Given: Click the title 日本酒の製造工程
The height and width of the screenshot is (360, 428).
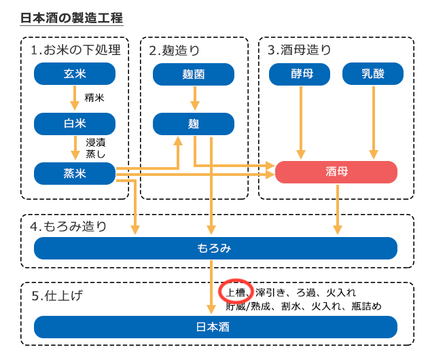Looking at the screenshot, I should pyautogui.click(x=72, y=18).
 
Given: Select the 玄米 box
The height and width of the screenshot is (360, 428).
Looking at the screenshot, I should pyautogui.click(x=75, y=74).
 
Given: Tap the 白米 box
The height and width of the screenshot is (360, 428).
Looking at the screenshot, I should pyautogui.click(x=75, y=124).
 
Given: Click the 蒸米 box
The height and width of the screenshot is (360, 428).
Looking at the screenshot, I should pyautogui.click(x=75, y=173).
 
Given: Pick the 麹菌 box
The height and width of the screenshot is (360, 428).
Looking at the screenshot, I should pyautogui.click(x=194, y=74).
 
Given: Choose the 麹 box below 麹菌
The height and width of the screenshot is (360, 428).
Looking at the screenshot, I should pyautogui.click(x=194, y=124).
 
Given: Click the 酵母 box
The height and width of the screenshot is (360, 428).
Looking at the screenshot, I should pyautogui.click(x=300, y=74).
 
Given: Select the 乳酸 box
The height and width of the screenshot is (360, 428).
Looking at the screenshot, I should pyautogui.click(x=372, y=74).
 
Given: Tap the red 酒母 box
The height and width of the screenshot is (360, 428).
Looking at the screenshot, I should pyautogui.click(x=336, y=172).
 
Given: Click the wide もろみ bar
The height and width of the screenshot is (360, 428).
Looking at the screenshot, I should pyautogui.click(x=215, y=248).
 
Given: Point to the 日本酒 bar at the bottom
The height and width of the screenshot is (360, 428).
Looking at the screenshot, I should pyautogui.click(x=215, y=327).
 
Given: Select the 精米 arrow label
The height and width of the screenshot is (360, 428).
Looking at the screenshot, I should pyautogui.click(x=94, y=98).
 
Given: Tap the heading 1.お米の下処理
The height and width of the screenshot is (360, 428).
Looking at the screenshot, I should pyautogui.click(x=75, y=50).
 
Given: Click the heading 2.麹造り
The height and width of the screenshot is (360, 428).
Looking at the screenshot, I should pyautogui.click(x=175, y=50).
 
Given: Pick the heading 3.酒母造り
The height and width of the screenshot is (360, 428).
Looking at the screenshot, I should pyautogui.click(x=300, y=50).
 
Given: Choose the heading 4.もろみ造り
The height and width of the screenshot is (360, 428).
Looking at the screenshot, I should pyautogui.click(x=69, y=226).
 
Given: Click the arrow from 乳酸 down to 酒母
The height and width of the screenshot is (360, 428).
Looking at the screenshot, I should pyautogui.click(x=372, y=122).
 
